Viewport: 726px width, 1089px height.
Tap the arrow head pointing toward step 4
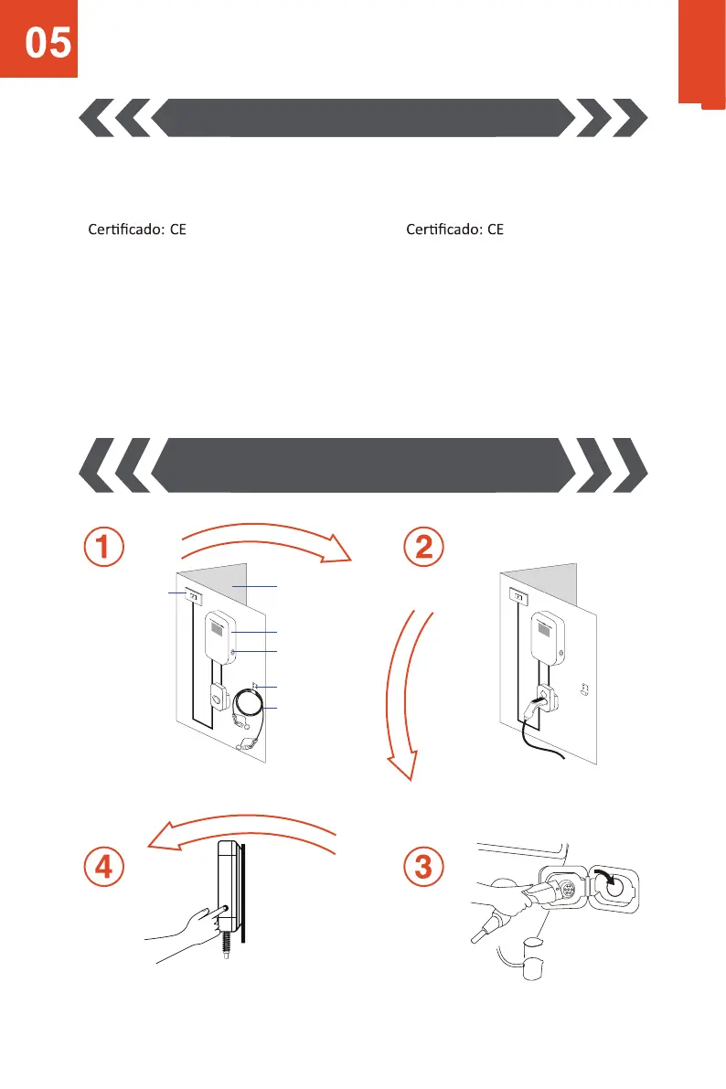165,839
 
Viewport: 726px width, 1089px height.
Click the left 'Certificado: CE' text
137,230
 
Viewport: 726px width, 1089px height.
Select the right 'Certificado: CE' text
454,230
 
